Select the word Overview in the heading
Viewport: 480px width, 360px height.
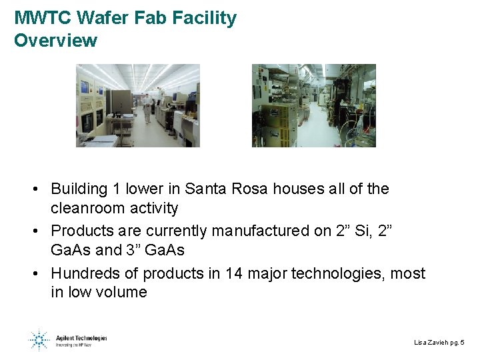click(x=55, y=40)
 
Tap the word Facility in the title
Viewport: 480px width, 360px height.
click(x=204, y=18)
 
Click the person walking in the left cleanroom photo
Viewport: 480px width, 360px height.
click(x=146, y=107)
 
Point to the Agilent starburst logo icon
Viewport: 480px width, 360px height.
click(x=39, y=340)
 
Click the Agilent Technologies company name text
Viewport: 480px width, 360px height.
click(x=82, y=338)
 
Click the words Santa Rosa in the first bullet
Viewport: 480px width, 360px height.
click(x=226, y=189)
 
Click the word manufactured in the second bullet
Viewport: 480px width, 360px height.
click(x=259, y=231)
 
